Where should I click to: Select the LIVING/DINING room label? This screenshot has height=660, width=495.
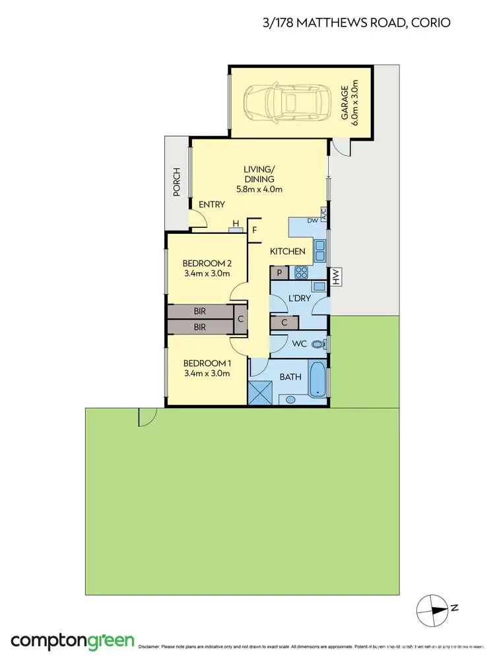(259, 179)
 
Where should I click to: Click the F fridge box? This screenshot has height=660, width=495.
(255, 230)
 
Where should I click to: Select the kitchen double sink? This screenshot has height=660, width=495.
(319, 250)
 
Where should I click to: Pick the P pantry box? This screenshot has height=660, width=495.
(279, 272)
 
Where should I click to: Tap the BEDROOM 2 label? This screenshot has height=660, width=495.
(207, 268)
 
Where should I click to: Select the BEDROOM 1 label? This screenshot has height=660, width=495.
(207, 368)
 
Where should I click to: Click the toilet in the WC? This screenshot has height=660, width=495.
(319, 344)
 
